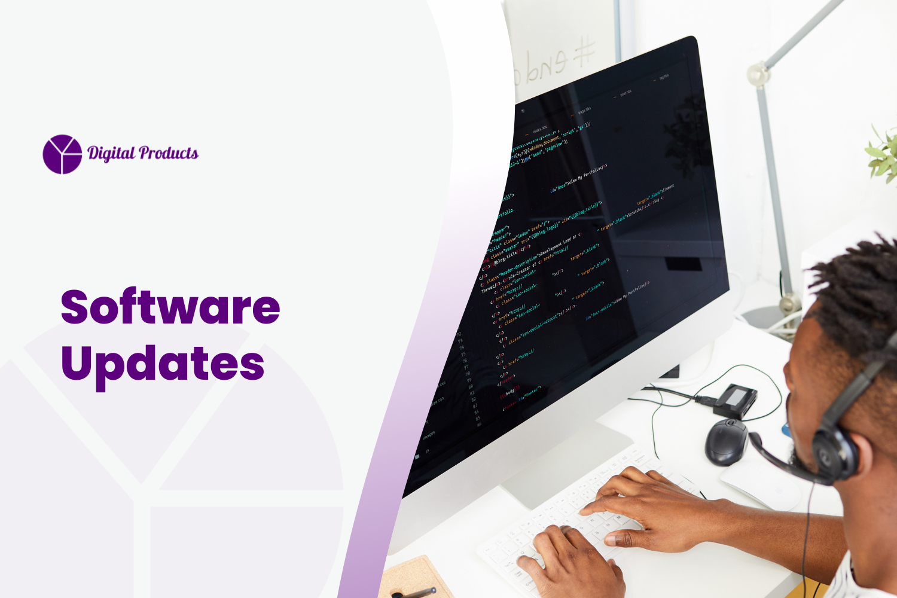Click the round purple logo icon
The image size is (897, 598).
click(x=62, y=154)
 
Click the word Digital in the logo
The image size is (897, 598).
click(x=112, y=154)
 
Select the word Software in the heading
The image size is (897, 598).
click(x=170, y=307)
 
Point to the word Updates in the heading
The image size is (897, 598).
click(x=163, y=363)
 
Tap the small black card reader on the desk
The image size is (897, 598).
click(x=736, y=400)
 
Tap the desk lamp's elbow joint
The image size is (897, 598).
click(x=758, y=75)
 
